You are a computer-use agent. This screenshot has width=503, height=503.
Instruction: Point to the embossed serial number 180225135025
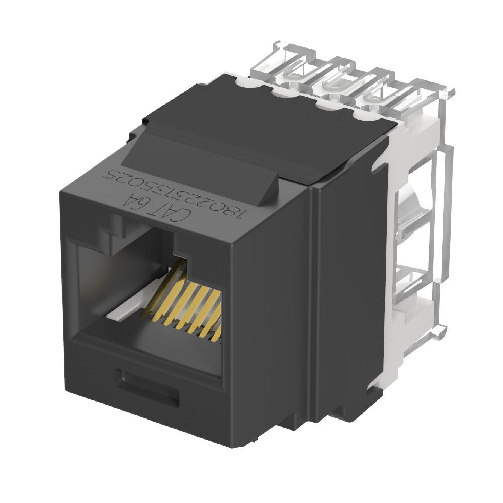[x=174, y=194]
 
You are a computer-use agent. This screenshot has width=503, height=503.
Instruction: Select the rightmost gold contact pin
[x=217, y=332]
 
